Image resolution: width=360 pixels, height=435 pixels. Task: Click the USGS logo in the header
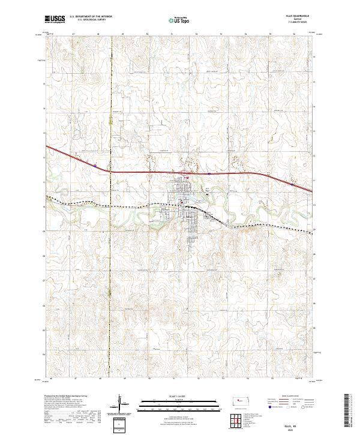[x=55, y=19]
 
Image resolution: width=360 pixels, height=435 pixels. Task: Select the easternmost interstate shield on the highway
[x=292, y=185]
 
